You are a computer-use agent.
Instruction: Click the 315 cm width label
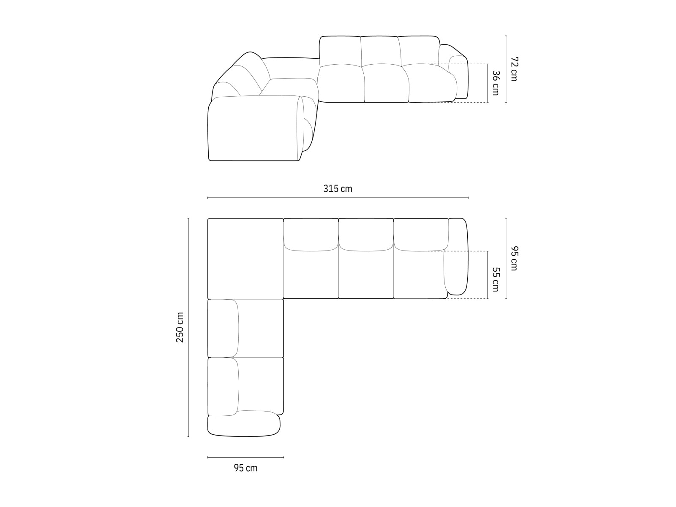click(x=338, y=189)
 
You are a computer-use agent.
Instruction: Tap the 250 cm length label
click(x=180, y=327)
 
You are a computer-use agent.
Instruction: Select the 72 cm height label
click(x=513, y=69)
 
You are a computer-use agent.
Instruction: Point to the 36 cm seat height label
click(x=496, y=83)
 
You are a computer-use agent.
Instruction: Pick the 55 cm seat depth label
click(x=496, y=279)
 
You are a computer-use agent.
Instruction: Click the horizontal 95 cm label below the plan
click(x=245, y=468)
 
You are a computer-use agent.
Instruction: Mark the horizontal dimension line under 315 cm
click(x=338, y=197)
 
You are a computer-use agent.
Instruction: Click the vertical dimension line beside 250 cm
click(x=188, y=327)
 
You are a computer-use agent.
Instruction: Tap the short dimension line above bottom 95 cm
click(x=245, y=457)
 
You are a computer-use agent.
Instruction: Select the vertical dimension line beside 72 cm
click(x=506, y=69)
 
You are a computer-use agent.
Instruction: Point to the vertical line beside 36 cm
click(x=488, y=83)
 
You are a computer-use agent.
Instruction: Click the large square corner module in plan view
click(x=245, y=258)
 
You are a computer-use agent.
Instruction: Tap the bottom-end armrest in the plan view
click(x=244, y=425)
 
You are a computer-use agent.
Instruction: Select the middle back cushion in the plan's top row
click(x=366, y=234)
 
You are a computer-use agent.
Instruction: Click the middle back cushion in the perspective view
click(x=380, y=51)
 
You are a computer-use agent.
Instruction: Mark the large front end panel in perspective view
click(x=253, y=129)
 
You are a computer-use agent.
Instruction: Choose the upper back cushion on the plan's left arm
click(x=223, y=328)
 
